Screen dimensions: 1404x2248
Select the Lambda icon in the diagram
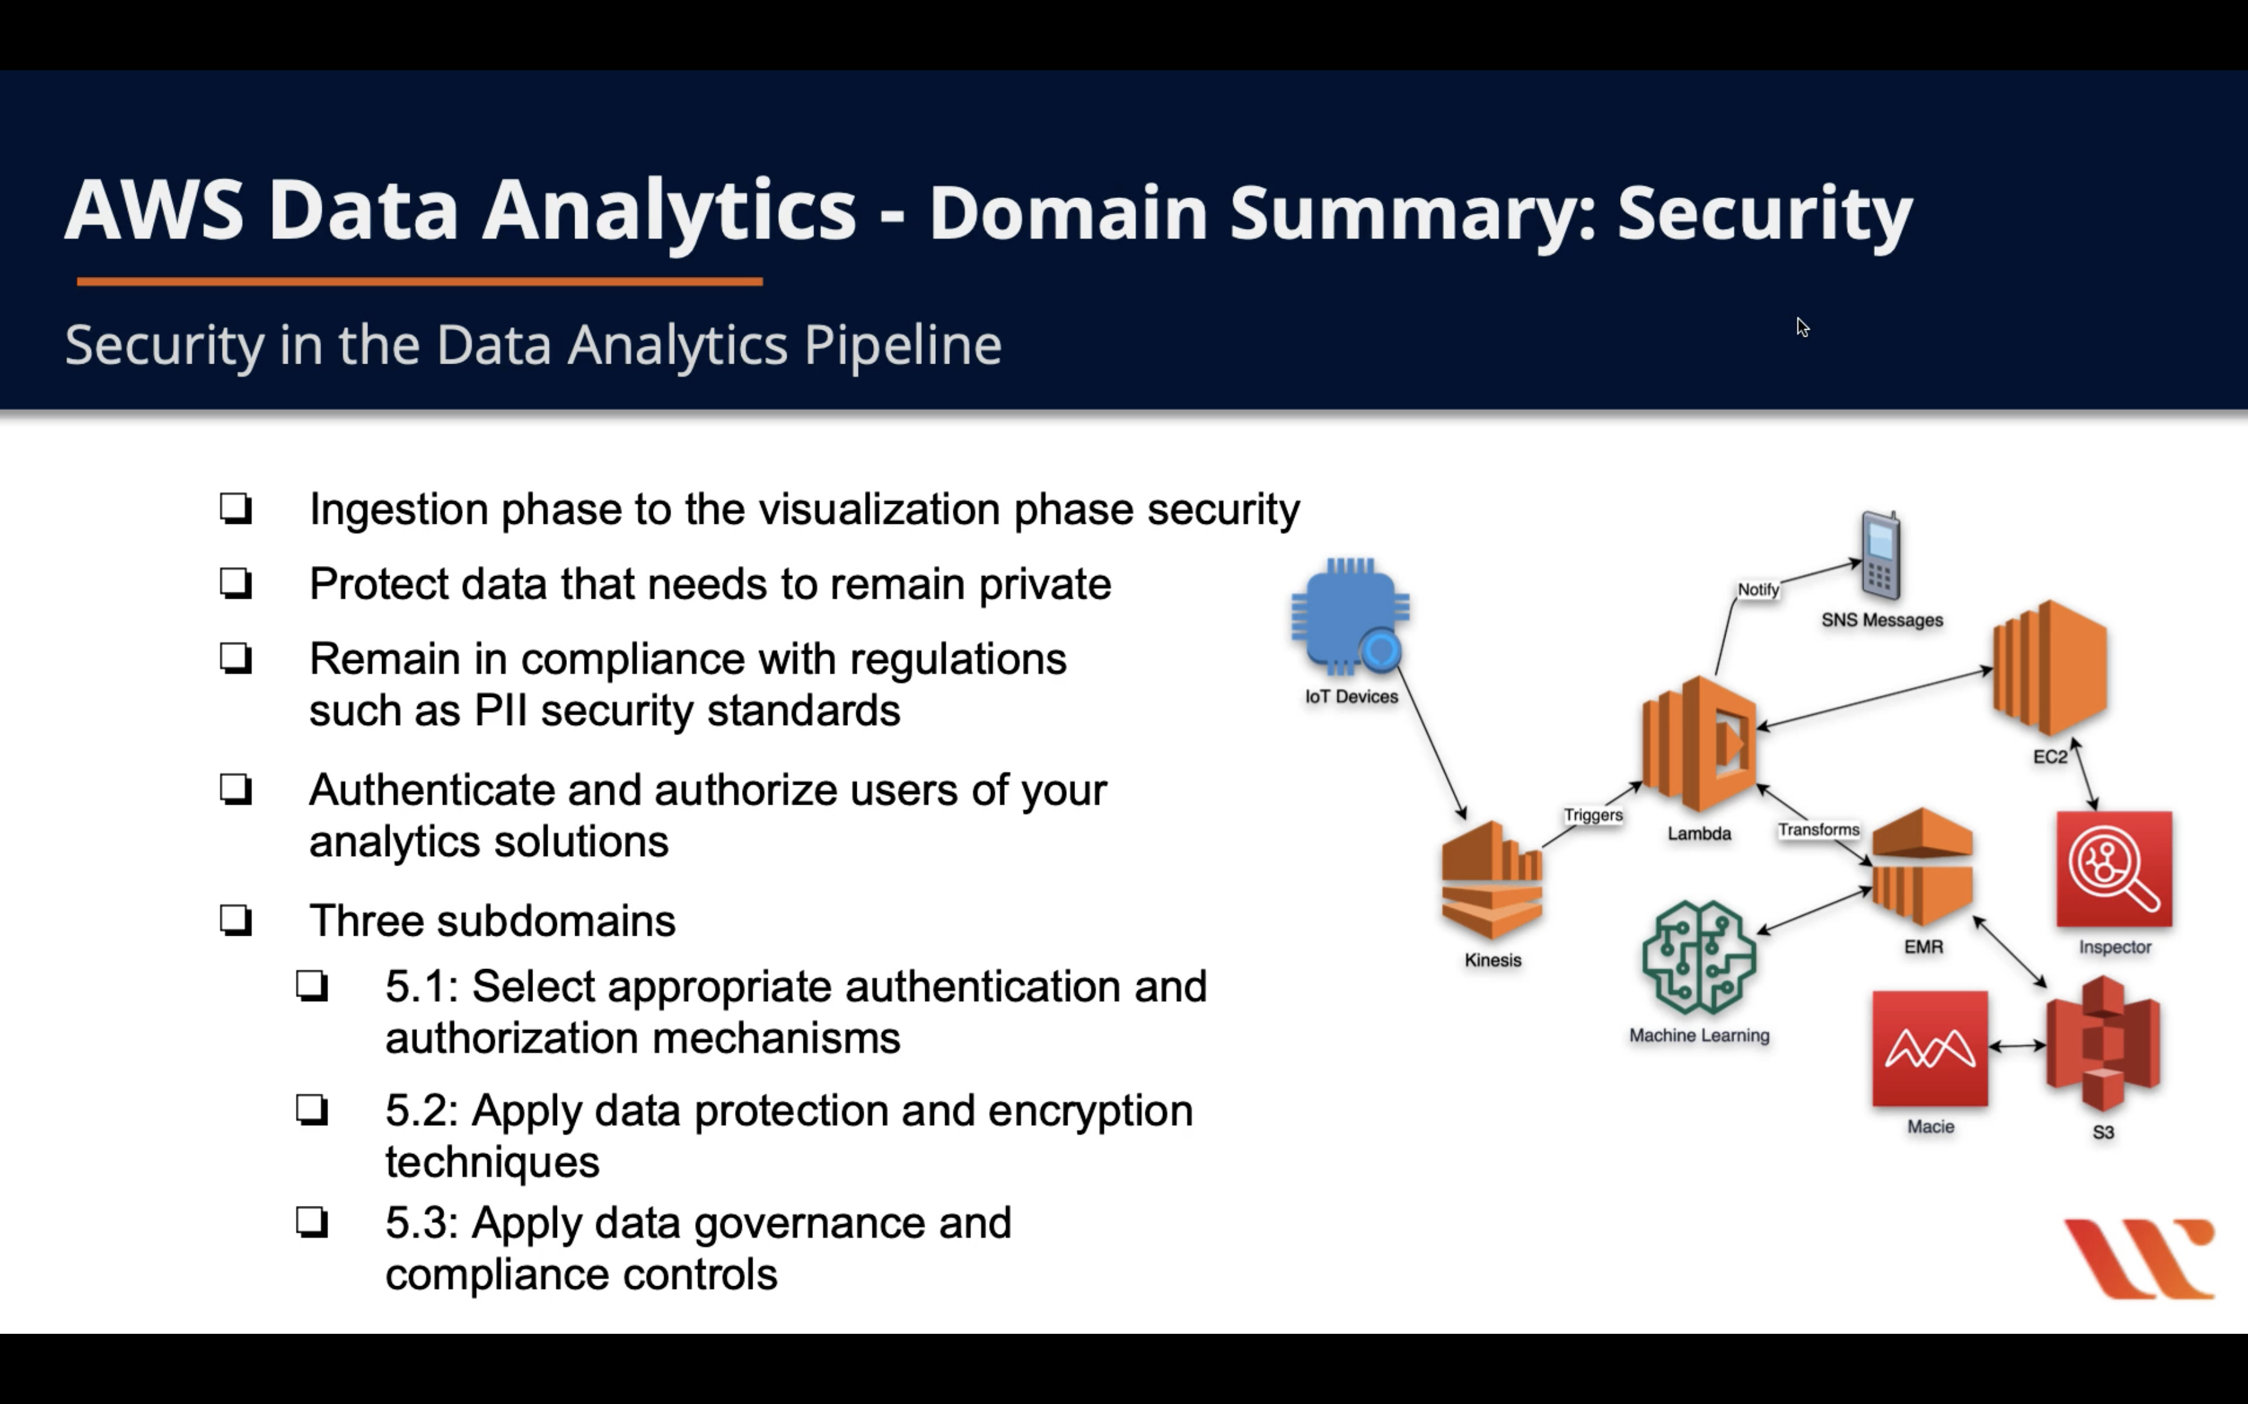1699,743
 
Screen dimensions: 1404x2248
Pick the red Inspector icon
2113,869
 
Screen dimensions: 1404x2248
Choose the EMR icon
1922,867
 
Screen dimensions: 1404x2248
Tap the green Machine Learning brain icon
1699,957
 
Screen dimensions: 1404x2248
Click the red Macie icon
1929,1049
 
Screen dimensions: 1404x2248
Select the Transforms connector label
1818,829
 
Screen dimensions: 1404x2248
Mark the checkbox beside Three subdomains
236,920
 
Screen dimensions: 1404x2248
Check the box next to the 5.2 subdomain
312,1109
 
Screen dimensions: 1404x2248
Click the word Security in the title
1764,212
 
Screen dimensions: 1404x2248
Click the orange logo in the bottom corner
2138,1259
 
